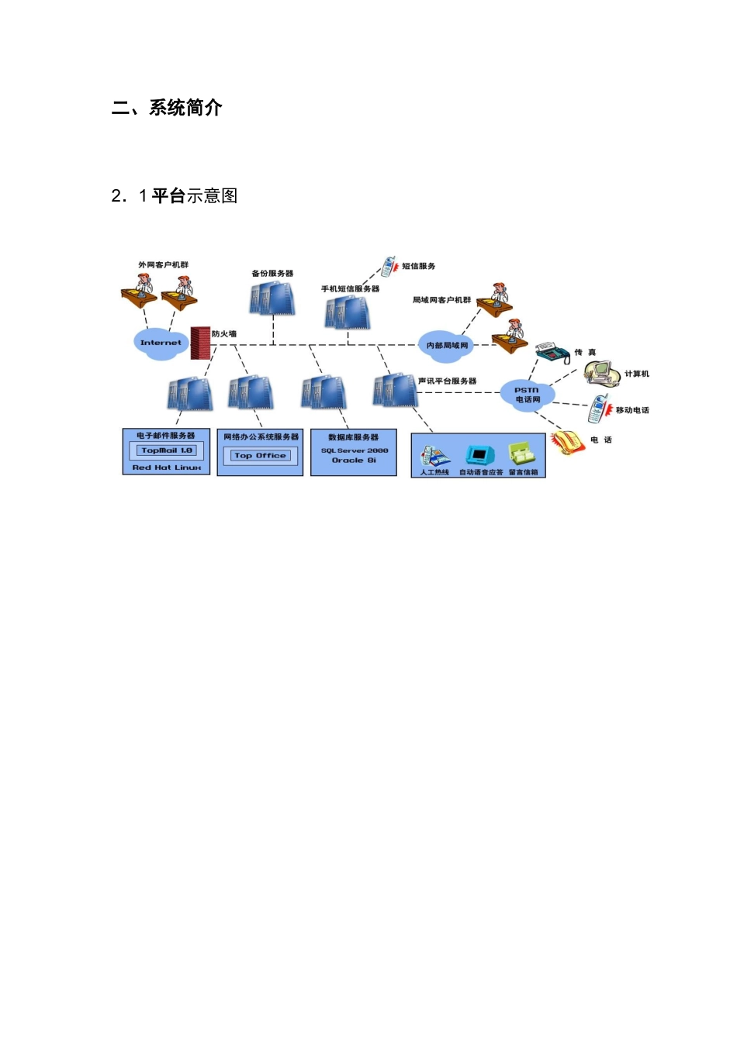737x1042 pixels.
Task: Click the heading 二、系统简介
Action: click(x=167, y=108)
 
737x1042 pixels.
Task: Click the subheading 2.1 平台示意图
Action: click(x=175, y=196)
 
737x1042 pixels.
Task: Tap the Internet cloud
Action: click(x=161, y=342)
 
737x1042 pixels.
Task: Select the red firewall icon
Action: click(x=200, y=343)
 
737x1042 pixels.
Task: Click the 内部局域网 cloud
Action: click(x=447, y=345)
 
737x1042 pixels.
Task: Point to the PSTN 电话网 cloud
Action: click(x=528, y=395)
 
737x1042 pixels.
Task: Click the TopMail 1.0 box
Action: click(x=167, y=450)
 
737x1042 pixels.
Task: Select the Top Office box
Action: click(x=260, y=456)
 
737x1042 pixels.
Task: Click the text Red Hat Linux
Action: click(x=167, y=468)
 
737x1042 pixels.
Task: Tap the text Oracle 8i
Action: click(x=354, y=461)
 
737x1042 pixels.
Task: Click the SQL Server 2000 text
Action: click(x=355, y=450)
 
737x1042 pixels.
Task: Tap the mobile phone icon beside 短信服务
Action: click(x=388, y=267)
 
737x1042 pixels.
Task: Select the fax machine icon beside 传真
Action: click(x=552, y=353)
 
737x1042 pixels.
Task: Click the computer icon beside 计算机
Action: click(x=602, y=374)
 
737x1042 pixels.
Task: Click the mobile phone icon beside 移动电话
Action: click(x=598, y=409)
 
